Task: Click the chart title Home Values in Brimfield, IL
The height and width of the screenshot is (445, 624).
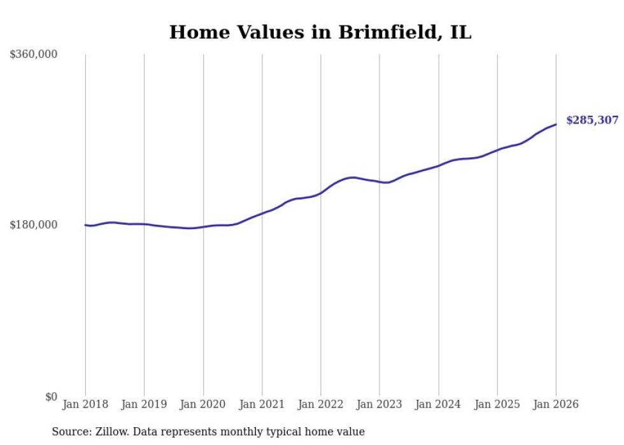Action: coord(320,32)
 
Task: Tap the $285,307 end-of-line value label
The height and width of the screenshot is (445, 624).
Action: coord(592,120)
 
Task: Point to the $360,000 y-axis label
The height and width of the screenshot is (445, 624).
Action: coord(34,55)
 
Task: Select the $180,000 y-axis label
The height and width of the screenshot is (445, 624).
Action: coord(34,225)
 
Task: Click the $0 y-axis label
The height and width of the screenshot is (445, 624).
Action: coord(51,397)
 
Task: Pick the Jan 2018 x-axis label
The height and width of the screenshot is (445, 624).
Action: coord(85,405)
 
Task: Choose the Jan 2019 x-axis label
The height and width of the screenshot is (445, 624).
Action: coord(144,405)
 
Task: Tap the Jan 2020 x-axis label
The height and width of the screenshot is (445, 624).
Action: coord(203,405)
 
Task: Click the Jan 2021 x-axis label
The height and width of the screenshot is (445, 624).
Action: coord(262,405)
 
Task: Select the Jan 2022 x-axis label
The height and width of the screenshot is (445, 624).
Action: coord(321,405)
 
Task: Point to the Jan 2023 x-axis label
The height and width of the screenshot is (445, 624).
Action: coord(379,405)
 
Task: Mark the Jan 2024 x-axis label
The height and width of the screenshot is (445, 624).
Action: coord(438,405)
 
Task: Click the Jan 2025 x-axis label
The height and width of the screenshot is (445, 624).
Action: coord(497,405)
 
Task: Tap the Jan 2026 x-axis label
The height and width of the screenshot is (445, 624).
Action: coord(556,405)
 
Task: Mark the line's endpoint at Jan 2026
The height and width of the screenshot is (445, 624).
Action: coord(556,124)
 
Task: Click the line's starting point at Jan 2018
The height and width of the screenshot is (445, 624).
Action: coord(85,225)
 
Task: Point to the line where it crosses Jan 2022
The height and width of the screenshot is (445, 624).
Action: coord(321,193)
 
